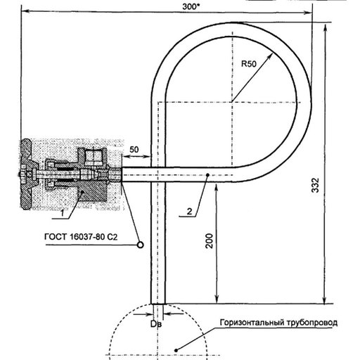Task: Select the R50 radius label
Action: tap(249, 64)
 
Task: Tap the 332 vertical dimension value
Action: tap(315, 186)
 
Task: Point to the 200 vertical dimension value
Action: tap(209, 241)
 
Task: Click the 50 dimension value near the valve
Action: tap(134, 150)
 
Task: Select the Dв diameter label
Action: tap(156, 324)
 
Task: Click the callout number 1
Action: tap(63, 213)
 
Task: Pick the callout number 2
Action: tap(189, 212)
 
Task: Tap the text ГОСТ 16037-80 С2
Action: tap(81, 237)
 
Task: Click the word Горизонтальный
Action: tap(252, 323)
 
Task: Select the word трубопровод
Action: tap(312, 323)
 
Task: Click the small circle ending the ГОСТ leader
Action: tap(140, 245)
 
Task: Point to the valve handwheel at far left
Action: tap(25, 174)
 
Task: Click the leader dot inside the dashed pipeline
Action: tap(176, 350)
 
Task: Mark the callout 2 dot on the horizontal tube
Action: tap(207, 174)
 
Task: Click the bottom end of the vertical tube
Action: tap(158, 304)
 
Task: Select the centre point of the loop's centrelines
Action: tap(232, 102)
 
